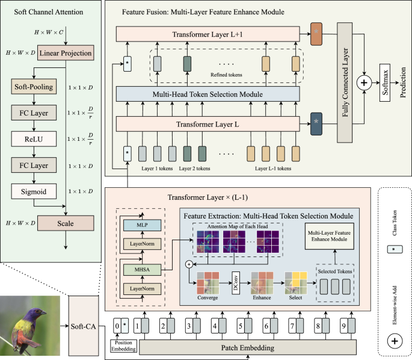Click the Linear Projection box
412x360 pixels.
pos(66,54)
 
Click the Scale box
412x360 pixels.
pos(66,223)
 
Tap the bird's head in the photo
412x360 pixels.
pos(40,314)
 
